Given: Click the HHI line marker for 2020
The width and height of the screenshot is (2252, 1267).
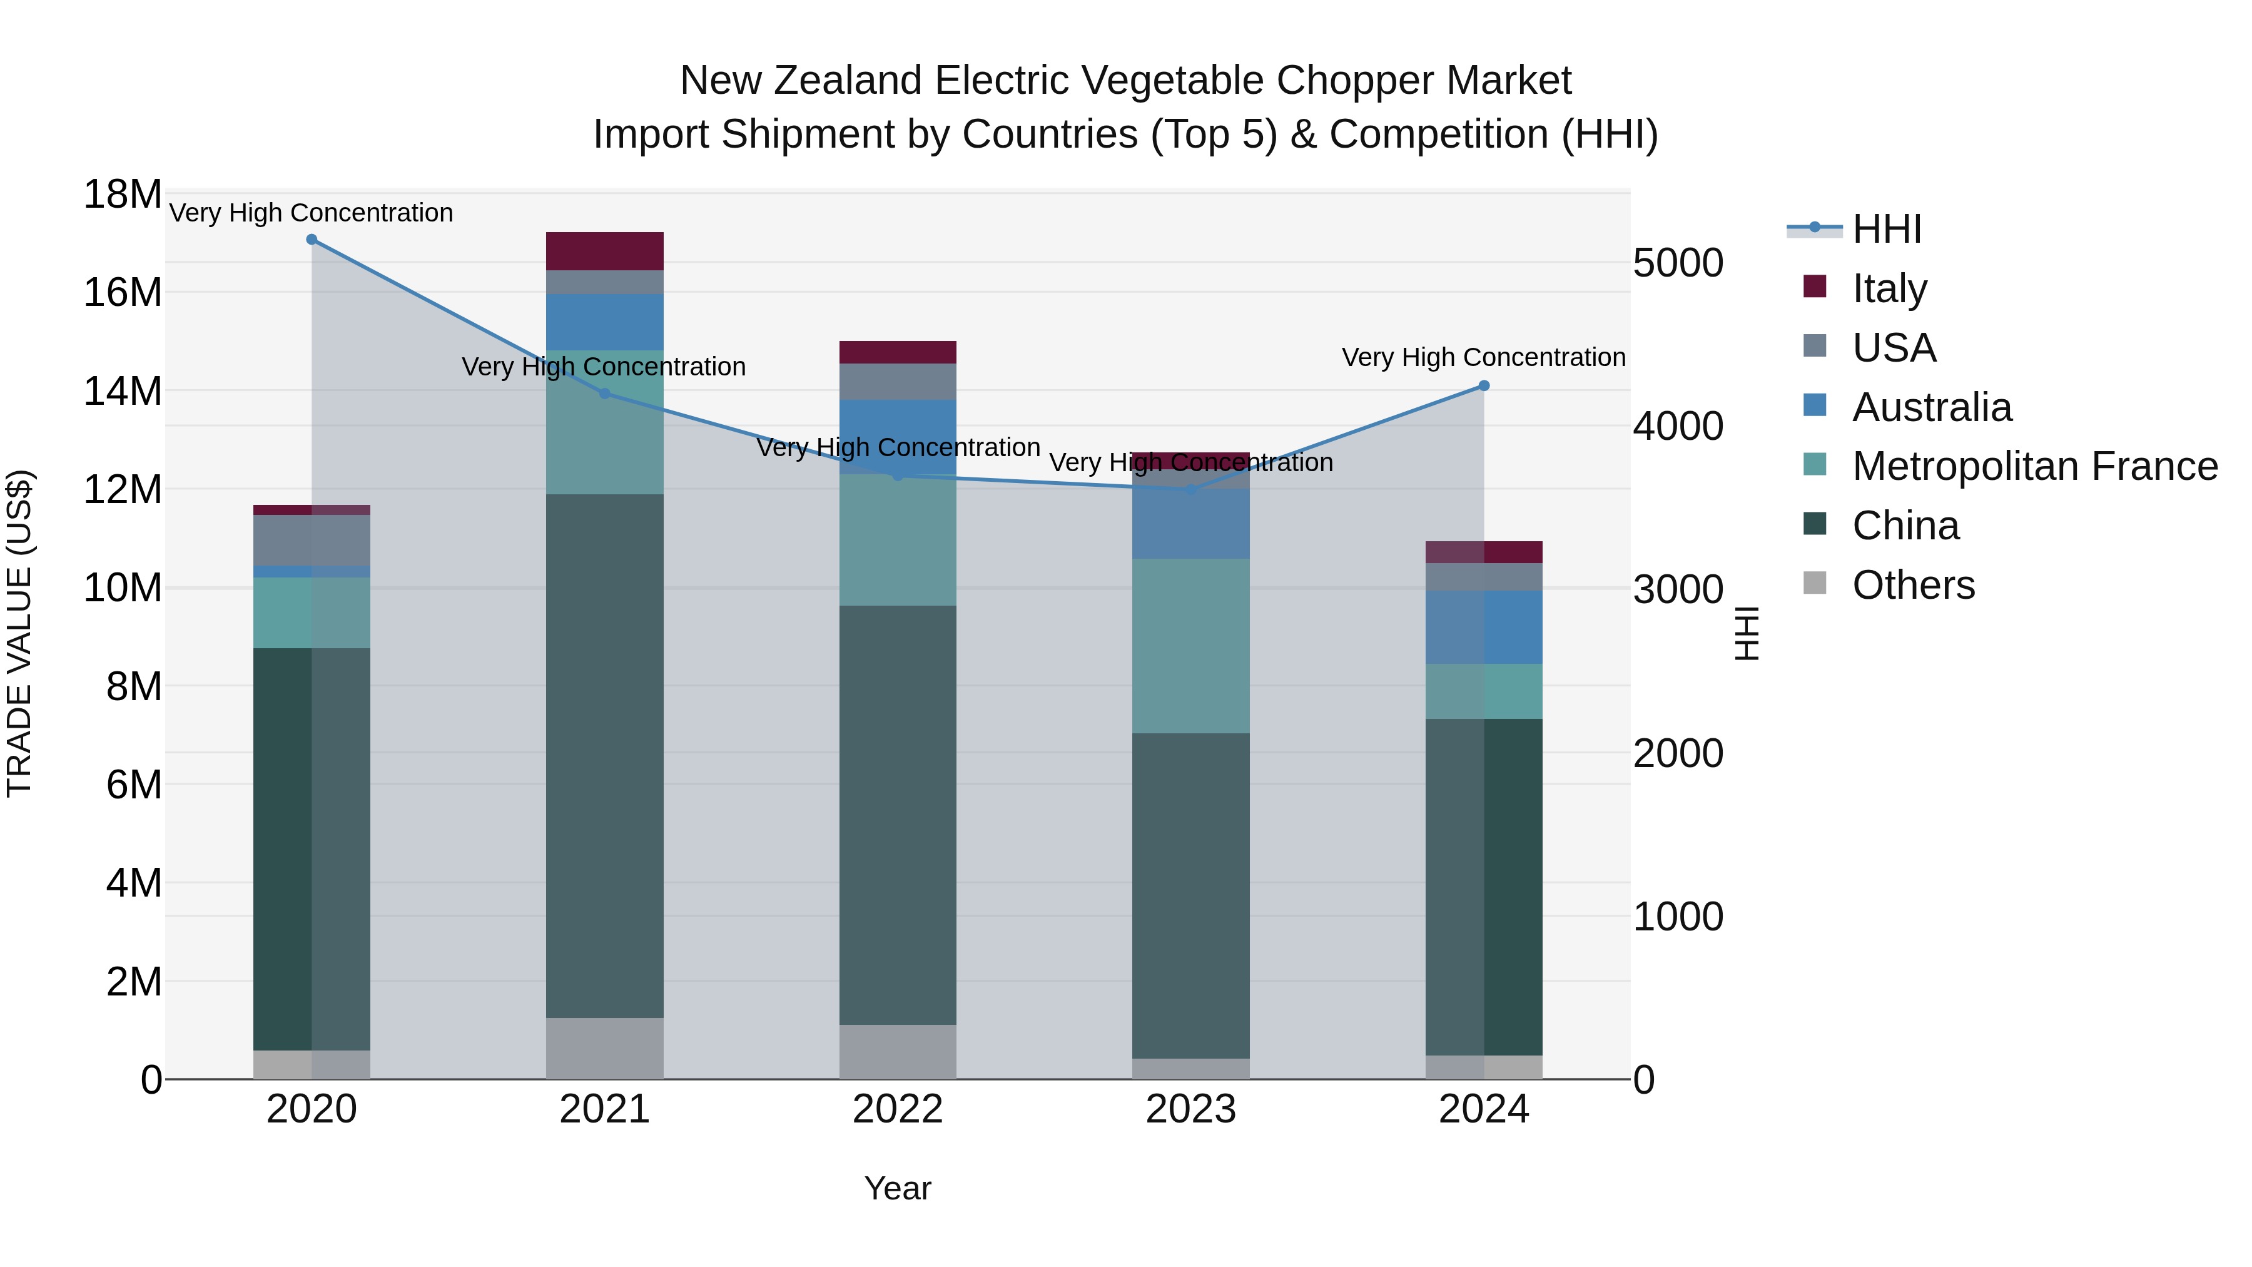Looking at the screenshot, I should coord(312,240).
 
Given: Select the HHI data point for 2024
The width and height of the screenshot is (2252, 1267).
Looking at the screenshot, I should coord(1484,385).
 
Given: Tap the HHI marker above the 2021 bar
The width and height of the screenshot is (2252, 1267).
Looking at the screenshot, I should coord(605,394).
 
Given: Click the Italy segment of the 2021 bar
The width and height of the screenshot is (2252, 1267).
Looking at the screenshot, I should coord(605,251).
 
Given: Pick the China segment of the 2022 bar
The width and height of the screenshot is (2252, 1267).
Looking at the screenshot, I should coord(898,813).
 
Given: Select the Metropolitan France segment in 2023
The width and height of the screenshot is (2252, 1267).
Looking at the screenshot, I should coord(1190,645).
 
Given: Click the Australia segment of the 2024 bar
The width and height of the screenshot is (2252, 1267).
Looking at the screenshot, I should coord(1484,627).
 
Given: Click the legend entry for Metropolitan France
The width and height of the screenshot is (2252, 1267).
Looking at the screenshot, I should coord(2034,466).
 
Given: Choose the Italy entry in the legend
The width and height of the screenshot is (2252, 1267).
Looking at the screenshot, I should coord(1889,288).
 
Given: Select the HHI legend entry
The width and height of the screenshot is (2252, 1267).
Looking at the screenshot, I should coord(1887,229).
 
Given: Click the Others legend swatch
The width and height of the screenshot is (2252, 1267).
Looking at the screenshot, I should coord(1815,583).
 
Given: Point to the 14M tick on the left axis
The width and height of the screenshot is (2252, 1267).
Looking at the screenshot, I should coord(123,391).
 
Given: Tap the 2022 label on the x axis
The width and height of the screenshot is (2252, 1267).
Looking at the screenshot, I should coord(898,1109).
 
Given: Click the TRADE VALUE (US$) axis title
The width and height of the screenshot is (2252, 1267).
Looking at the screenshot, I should coord(19,633).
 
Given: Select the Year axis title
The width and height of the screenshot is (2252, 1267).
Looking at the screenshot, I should coord(898,1188).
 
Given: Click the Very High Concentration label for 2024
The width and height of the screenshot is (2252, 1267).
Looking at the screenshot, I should coord(1484,358).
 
